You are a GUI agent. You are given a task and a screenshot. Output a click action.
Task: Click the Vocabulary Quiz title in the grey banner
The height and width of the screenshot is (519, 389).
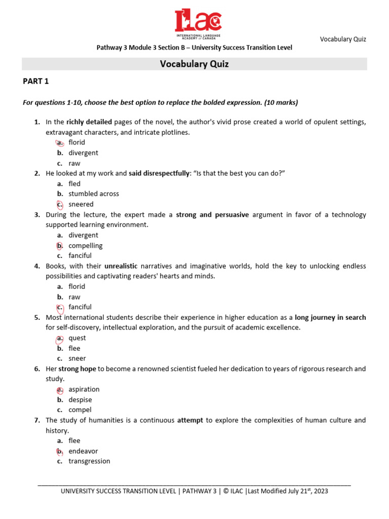(x=194, y=64)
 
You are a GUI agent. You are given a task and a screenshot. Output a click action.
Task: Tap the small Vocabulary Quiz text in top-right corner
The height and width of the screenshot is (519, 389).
(x=343, y=39)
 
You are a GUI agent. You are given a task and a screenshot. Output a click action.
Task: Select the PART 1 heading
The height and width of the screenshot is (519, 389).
(x=36, y=81)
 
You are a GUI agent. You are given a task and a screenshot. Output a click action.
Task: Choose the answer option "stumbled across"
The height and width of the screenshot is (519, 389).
(x=94, y=194)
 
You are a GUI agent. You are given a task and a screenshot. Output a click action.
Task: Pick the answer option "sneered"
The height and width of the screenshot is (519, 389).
(x=81, y=204)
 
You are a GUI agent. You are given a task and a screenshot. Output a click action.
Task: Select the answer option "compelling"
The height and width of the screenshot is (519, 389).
(x=86, y=245)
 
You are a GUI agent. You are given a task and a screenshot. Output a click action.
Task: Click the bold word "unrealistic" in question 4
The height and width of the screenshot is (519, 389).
(x=121, y=266)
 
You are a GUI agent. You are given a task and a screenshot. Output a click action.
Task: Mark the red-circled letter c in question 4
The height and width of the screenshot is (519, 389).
(x=60, y=307)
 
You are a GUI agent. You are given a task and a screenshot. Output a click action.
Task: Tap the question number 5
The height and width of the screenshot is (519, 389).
(x=37, y=318)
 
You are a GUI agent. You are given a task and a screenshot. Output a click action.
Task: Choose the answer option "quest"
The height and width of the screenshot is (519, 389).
(x=77, y=338)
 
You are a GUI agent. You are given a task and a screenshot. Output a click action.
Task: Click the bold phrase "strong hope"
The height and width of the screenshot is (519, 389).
(x=77, y=369)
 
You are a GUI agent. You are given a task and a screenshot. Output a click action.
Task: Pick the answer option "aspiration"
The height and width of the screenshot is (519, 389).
(x=84, y=389)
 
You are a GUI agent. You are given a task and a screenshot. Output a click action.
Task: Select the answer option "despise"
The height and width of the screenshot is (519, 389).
(x=80, y=399)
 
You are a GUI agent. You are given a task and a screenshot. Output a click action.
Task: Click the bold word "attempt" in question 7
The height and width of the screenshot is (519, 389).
(x=190, y=420)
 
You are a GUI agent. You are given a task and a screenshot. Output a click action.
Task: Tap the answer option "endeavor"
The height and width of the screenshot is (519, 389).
(x=83, y=451)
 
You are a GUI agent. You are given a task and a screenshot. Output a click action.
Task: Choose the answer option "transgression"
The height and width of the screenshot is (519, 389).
(x=89, y=461)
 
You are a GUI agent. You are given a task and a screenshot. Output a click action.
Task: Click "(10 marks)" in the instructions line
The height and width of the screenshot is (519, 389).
(x=281, y=102)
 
